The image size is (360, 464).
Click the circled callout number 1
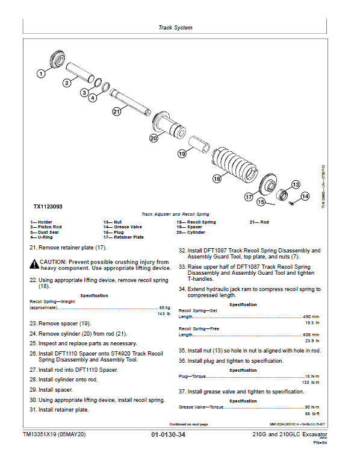click(x=41, y=74)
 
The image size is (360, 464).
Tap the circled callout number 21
click(x=117, y=111)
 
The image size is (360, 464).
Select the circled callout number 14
click(x=305, y=196)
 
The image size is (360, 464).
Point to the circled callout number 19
click(x=182, y=154)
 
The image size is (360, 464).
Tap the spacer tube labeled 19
click(x=199, y=144)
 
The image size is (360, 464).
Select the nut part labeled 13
click(x=283, y=195)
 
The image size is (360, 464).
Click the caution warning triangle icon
click(x=34, y=265)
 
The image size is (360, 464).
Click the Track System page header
click(x=175, y=28)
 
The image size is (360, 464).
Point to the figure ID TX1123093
click(x=48, y=207)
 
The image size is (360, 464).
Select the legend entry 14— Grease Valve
click(x=122, y=227)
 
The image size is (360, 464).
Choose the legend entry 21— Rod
click(x=259, y=222)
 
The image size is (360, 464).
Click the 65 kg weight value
click(x=164, y=308)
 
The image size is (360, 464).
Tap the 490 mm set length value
click(x=311, y=316)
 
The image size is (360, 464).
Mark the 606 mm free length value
click(x=311, y=334)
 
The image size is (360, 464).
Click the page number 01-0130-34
click(x=168, y=434)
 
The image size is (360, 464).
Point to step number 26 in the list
click(x=33, y=354)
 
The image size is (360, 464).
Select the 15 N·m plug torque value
click(x=312, y=377)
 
